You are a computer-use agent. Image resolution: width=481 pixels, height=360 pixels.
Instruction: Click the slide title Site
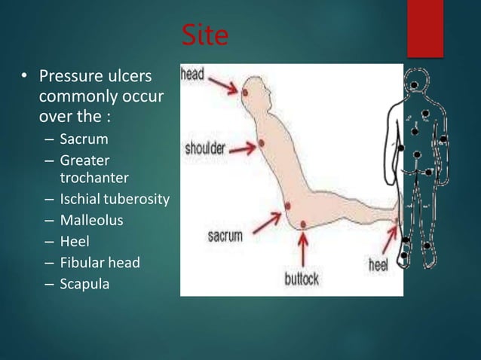tap(205, 35)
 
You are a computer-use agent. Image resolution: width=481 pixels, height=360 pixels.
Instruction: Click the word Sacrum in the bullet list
tap(84, 139)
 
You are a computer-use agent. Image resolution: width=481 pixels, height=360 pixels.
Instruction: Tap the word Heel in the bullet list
tap(75, 242)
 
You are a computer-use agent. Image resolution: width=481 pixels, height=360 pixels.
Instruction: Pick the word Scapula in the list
tap(84, 284)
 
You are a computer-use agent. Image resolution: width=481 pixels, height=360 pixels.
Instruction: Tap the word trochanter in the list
tap(93, 178)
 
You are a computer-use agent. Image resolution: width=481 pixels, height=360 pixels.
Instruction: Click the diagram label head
tap(193, 75)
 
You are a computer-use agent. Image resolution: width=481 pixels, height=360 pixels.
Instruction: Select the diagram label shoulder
tap(205, 147)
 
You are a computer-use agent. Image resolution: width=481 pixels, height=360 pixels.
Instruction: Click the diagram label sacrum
tap(225, 236)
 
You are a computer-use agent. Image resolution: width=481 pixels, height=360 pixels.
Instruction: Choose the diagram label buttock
tap(302, 279)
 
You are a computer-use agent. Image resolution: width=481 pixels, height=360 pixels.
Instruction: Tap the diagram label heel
tap(378, 264)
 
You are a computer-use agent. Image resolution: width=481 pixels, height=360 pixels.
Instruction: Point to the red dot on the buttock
tap(302, 224)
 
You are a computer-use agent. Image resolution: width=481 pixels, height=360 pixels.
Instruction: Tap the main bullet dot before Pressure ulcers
tap(23, 78)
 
